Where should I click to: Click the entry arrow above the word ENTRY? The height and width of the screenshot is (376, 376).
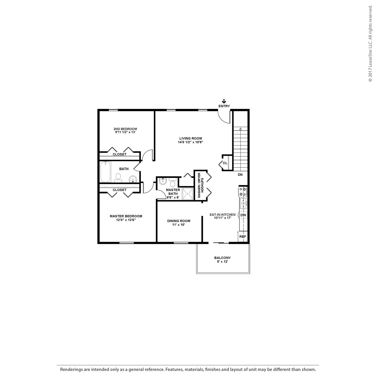[x=224, y=101]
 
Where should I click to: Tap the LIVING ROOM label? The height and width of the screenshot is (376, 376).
[x=190, y=138]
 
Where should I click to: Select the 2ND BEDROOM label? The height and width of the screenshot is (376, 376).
[x=125, y=129]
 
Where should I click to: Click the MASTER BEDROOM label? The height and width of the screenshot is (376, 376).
[x=126, y=216]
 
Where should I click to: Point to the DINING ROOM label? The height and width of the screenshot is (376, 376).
[x=179, y=221]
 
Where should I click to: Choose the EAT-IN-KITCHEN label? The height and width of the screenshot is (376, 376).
[x=222, y=215]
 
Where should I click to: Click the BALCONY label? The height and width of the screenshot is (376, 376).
[x=222, y=258]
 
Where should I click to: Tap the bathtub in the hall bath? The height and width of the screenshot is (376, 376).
[x=105, y=172]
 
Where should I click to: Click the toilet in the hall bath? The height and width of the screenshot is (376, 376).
[x=118, y=177]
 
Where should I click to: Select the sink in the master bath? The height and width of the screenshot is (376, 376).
[x=163, y=182]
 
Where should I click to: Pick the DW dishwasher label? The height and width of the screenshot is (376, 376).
[x=243, y=215]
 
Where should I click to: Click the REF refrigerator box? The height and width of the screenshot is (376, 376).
[x=243, y=237]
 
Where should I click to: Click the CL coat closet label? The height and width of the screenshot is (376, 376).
[x=225, y=163]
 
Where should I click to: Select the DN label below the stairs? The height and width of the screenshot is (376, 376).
[x=240, y=175]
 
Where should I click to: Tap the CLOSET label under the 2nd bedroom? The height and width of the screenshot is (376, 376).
[x=119, y=154]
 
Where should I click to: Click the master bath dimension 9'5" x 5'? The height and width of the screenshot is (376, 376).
[x=173, y=198]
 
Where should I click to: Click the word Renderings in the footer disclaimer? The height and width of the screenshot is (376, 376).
[x=71, y=369]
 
